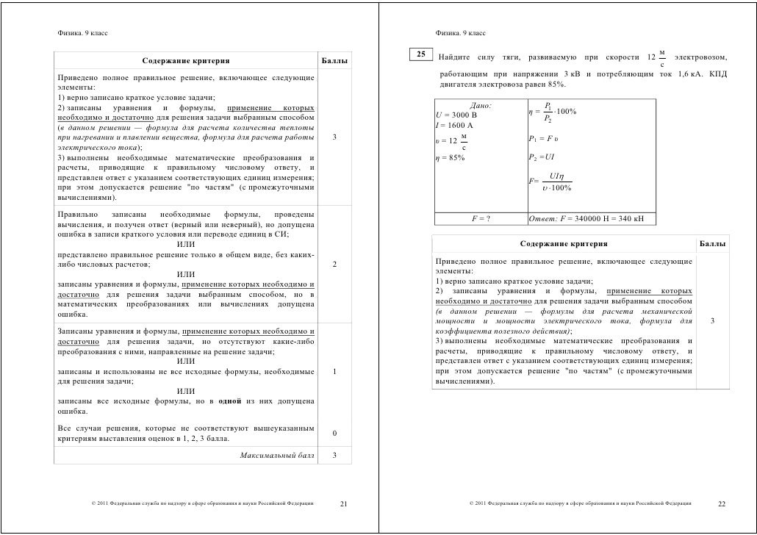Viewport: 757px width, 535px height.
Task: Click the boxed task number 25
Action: [x=421, y=54]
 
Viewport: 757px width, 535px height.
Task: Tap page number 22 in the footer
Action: [x=721, y=504]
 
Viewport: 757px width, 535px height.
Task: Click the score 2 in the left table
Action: [x=334, y=265]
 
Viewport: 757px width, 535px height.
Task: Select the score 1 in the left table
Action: [x=334, y=371]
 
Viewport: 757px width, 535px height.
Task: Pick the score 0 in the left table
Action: [x=334, y=434]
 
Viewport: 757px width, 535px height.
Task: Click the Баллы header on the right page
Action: [x=712, y=243]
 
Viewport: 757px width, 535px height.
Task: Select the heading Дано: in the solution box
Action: [x=481, y=106]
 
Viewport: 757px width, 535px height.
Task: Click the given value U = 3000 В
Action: [x=456, y=115]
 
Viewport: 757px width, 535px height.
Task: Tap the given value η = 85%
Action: [x=451, y=157]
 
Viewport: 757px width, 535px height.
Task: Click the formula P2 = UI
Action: [x=541, y=157]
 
